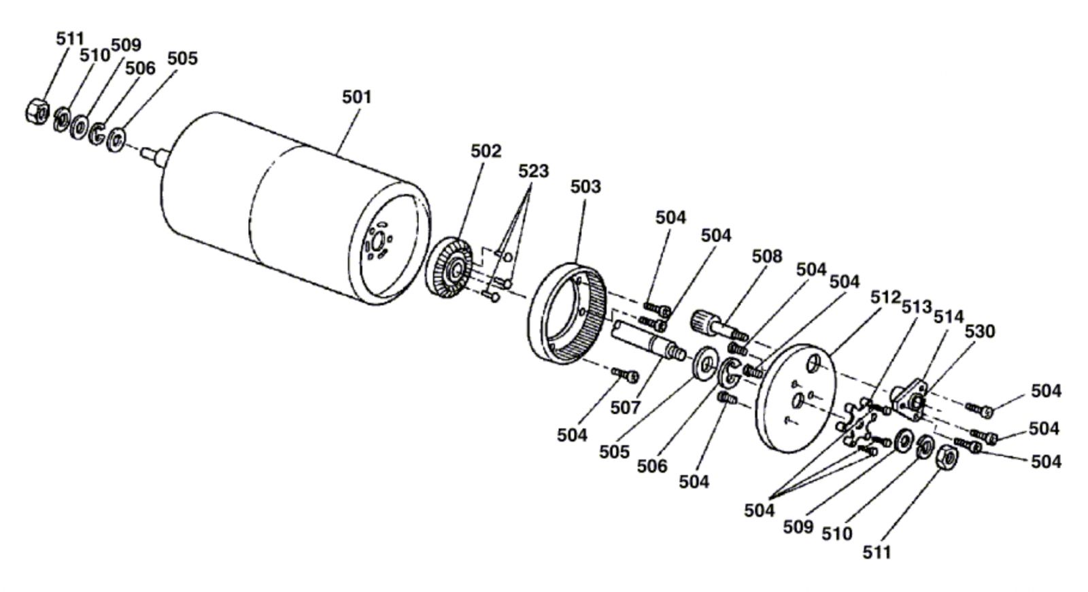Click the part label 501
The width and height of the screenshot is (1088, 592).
[x=356, y=97]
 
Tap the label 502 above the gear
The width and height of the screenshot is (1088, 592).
[x=486, y=151]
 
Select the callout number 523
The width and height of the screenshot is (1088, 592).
[x=533, y=171]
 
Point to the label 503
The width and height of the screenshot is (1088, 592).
[x=585, y=186]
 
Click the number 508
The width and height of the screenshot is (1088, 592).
[x=766, y=256]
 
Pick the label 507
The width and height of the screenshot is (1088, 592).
[x=625, y=407]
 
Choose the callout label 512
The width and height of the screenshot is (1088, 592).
[x=885, y=297]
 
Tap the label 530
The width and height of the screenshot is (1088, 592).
[x=979, y=331]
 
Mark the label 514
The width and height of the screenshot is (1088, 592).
[x=948, y=317]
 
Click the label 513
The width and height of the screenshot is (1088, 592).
[x=916, y=307]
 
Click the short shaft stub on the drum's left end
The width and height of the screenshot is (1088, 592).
[x=154, y=154]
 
